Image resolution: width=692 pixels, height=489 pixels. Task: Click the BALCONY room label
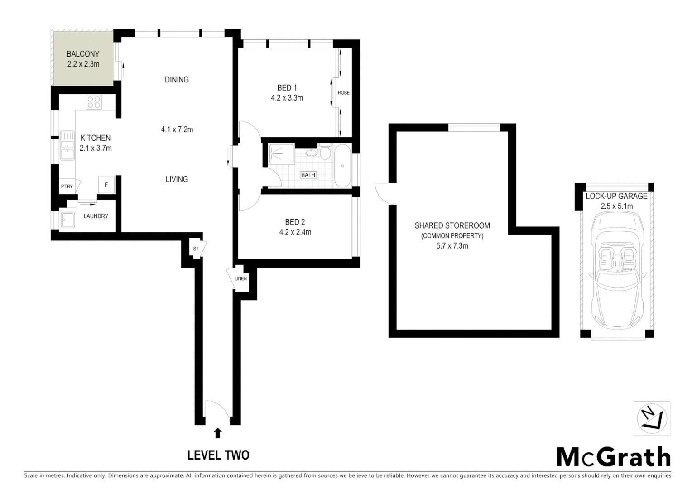point(83,53)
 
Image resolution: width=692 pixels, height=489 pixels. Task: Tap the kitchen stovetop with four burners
point(94,102)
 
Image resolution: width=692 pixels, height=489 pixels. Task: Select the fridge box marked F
point(106,185)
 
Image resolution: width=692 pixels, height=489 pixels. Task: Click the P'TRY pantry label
point(67,187)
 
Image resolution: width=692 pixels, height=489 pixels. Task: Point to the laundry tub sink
point(68,221)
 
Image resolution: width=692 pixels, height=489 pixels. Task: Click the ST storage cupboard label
point(196,249)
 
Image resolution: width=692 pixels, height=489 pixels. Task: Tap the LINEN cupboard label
point(240,278)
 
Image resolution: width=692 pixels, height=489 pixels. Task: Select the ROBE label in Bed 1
point(344,93)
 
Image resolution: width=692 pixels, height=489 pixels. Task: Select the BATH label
point(308,175)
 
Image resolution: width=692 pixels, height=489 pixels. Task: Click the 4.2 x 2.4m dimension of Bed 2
point(295,232)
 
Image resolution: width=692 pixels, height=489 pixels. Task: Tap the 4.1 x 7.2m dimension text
point(177,129)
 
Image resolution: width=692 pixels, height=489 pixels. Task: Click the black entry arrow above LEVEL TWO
point(218,433)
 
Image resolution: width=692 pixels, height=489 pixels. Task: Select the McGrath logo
point(613,457)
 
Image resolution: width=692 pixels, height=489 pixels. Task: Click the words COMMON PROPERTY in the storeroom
point(452,236)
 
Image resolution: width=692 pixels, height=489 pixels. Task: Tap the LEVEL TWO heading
point(218,455)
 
